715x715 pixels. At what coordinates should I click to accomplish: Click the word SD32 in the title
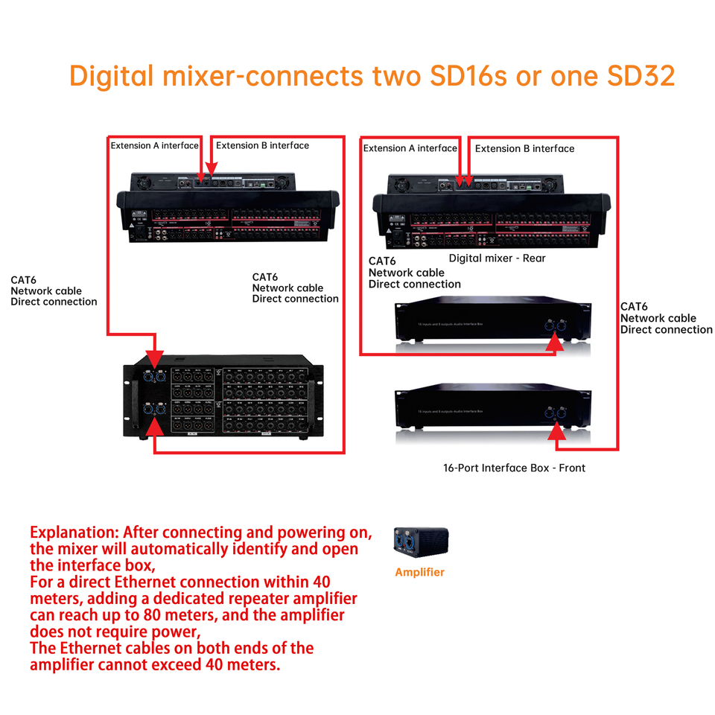point(639,76)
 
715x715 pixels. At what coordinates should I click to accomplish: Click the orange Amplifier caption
point(420,572)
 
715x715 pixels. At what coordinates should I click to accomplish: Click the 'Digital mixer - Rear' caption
point(497,258)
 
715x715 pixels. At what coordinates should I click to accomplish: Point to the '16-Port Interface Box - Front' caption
point(514,468)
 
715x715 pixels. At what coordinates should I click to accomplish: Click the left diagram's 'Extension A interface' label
point(155,145)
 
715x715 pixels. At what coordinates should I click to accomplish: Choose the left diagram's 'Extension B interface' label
point(262,145)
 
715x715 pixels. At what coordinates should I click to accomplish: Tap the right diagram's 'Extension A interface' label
point(410,148)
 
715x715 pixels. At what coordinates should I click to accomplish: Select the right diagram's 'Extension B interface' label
point(524,148)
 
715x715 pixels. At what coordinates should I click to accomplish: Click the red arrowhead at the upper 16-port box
point(554,343)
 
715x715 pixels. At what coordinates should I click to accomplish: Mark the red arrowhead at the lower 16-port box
point(556,433)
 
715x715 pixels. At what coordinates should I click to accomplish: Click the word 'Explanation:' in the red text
point(74,533)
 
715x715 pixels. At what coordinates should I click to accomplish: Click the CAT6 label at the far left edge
point(25,280)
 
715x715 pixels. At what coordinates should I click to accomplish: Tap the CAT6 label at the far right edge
point(634,307)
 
